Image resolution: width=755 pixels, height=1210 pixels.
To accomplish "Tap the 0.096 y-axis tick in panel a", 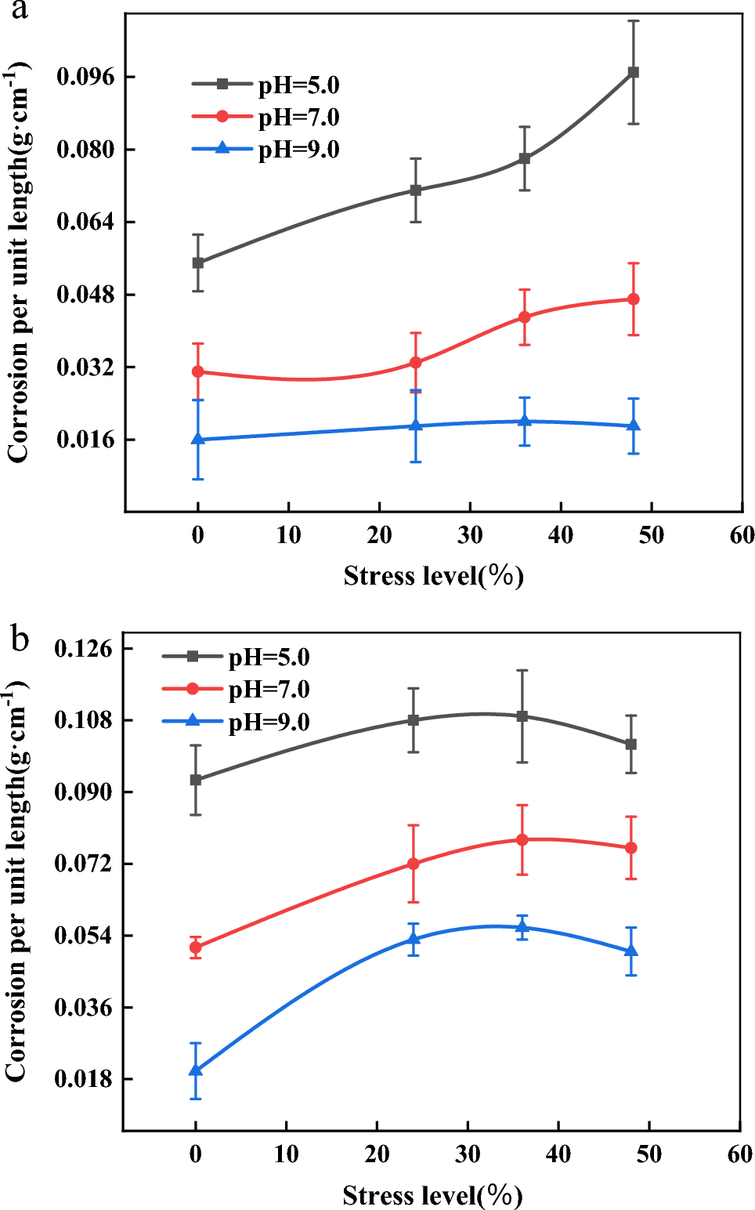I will [85, 77].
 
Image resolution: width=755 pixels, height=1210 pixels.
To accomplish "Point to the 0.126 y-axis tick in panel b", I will [83, 649].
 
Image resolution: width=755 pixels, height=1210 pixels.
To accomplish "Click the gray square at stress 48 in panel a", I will [634, 72].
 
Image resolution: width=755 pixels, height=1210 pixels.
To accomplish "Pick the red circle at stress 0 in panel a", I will [198, 371].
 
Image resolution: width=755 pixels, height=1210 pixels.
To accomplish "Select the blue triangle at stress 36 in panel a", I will [525, 422].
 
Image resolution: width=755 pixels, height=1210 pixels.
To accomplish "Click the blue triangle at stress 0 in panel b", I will [196, 1071].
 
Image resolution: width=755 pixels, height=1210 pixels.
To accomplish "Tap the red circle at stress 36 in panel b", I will [522, 840].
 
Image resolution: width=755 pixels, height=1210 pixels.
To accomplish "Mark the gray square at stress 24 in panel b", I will [414, 720].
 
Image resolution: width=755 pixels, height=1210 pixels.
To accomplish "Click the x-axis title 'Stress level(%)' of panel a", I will [433, 576].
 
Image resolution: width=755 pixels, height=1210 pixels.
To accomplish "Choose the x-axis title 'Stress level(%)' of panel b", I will [432, 1195].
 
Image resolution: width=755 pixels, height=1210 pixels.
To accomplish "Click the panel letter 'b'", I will [20, 639].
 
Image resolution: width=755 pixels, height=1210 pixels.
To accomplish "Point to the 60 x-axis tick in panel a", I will [741, 535].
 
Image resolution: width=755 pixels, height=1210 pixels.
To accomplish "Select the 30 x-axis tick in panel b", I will [468, 1154].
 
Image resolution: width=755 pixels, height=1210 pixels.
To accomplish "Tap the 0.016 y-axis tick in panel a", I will [85, 440].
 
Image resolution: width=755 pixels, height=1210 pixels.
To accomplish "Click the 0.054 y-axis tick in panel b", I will [83, 936].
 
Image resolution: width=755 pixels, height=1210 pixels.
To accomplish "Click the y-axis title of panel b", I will [17, 882].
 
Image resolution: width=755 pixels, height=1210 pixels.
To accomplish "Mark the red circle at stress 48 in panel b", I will [631, 848].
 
